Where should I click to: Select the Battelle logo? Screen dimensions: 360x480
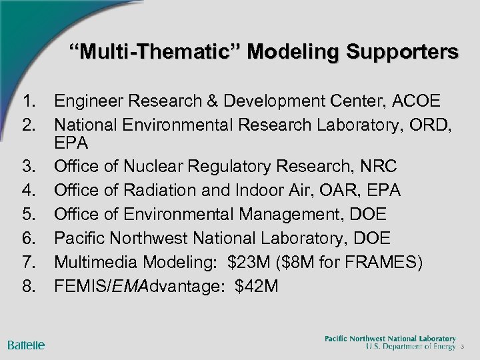tap(27, 345)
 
